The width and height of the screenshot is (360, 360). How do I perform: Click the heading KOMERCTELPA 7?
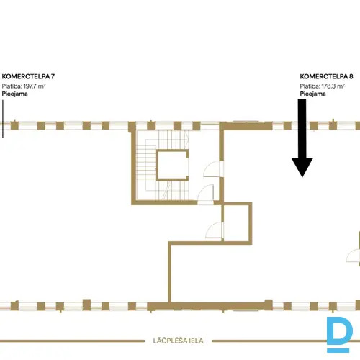point(28,76)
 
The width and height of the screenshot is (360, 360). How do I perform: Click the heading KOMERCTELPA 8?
point(326,76)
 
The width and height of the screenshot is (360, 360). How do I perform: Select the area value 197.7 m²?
point(35,86)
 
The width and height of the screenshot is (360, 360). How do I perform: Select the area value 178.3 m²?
point(333,86)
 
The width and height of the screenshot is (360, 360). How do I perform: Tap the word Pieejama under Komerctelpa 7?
point(14,94)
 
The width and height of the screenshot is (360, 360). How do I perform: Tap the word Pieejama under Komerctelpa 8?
point(312,94)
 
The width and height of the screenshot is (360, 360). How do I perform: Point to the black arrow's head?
point(302,167)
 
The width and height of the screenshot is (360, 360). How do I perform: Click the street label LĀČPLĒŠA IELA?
point(178,341)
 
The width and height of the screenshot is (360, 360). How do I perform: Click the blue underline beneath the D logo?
point(338,351)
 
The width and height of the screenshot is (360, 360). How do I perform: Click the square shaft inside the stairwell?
point(172,165)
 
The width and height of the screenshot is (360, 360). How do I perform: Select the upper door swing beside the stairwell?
point(212,169)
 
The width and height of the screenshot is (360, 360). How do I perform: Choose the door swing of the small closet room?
point(213,230)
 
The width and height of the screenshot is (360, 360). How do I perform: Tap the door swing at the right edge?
point(353,256)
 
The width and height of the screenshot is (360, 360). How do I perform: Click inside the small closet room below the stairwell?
point(237,222)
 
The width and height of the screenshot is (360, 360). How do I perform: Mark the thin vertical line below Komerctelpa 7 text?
point(3,119)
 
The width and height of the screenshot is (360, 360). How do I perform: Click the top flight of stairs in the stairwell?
point(173,140)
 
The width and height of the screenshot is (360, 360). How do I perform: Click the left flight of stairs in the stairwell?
point(145,165)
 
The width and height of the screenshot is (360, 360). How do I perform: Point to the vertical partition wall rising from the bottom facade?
point(169,272)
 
